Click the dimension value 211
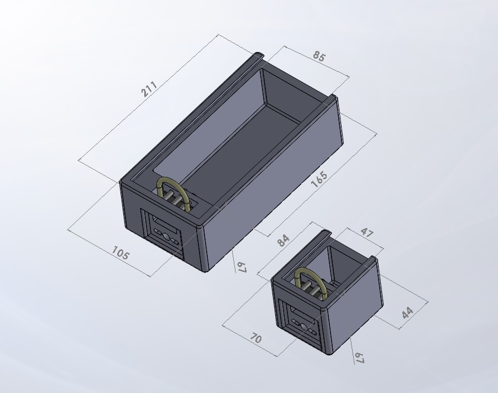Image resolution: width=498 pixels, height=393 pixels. [x=150, y=89]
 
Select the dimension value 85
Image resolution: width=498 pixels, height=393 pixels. [x=319, y=56]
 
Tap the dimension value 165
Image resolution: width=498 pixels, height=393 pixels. [x=319, y=179]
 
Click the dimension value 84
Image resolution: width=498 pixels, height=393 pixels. [x=283, y=240]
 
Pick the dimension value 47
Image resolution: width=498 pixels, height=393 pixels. [x=366, y=232]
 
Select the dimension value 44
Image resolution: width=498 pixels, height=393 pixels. [x=408, y=313]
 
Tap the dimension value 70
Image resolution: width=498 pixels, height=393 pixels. [x=256, y=338]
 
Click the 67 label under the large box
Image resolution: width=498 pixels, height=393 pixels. [x=241, y=267]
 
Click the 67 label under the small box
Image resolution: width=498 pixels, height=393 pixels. [x=360, y=357]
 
